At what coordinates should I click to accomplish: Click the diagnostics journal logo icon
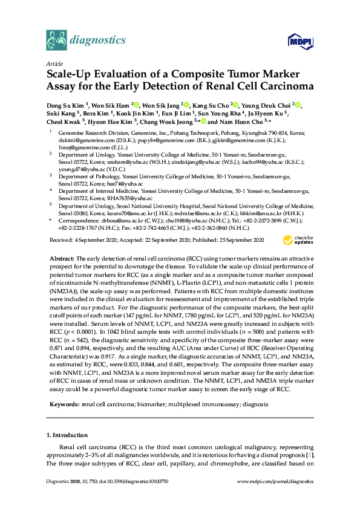(56, 41)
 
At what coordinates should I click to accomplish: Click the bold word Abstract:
(61, 258)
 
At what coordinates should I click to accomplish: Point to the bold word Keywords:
(64, 402)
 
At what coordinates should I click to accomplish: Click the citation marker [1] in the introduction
(310, 454)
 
